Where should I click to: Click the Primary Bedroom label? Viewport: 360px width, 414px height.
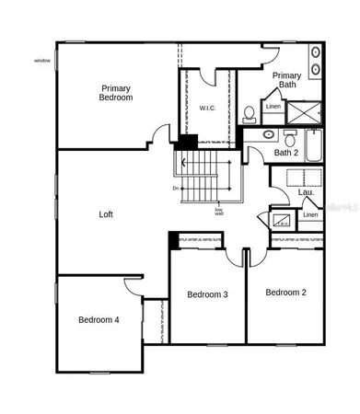[x=117, y=92]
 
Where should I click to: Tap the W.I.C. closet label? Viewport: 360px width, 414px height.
[x=207, y=109]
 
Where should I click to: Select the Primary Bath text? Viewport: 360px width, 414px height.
[x=287, y=80]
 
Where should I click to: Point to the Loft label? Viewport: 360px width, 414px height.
[x=107, y=214]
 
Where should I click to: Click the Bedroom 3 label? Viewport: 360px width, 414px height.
[x=207, y=294]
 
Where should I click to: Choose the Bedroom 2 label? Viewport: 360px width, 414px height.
[x=285, y=293]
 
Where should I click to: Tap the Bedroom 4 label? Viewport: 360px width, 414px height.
[x=99, y=320]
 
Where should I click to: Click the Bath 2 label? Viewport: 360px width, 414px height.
[x=286, y=153]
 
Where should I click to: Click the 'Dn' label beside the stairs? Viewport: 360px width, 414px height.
[x=175, y=189]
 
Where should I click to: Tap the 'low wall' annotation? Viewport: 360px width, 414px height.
[x=219, y=212]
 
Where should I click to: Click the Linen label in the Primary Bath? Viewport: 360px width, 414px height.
[x=273, y=107]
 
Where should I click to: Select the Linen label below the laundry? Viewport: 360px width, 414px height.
[x=310, y=215]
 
